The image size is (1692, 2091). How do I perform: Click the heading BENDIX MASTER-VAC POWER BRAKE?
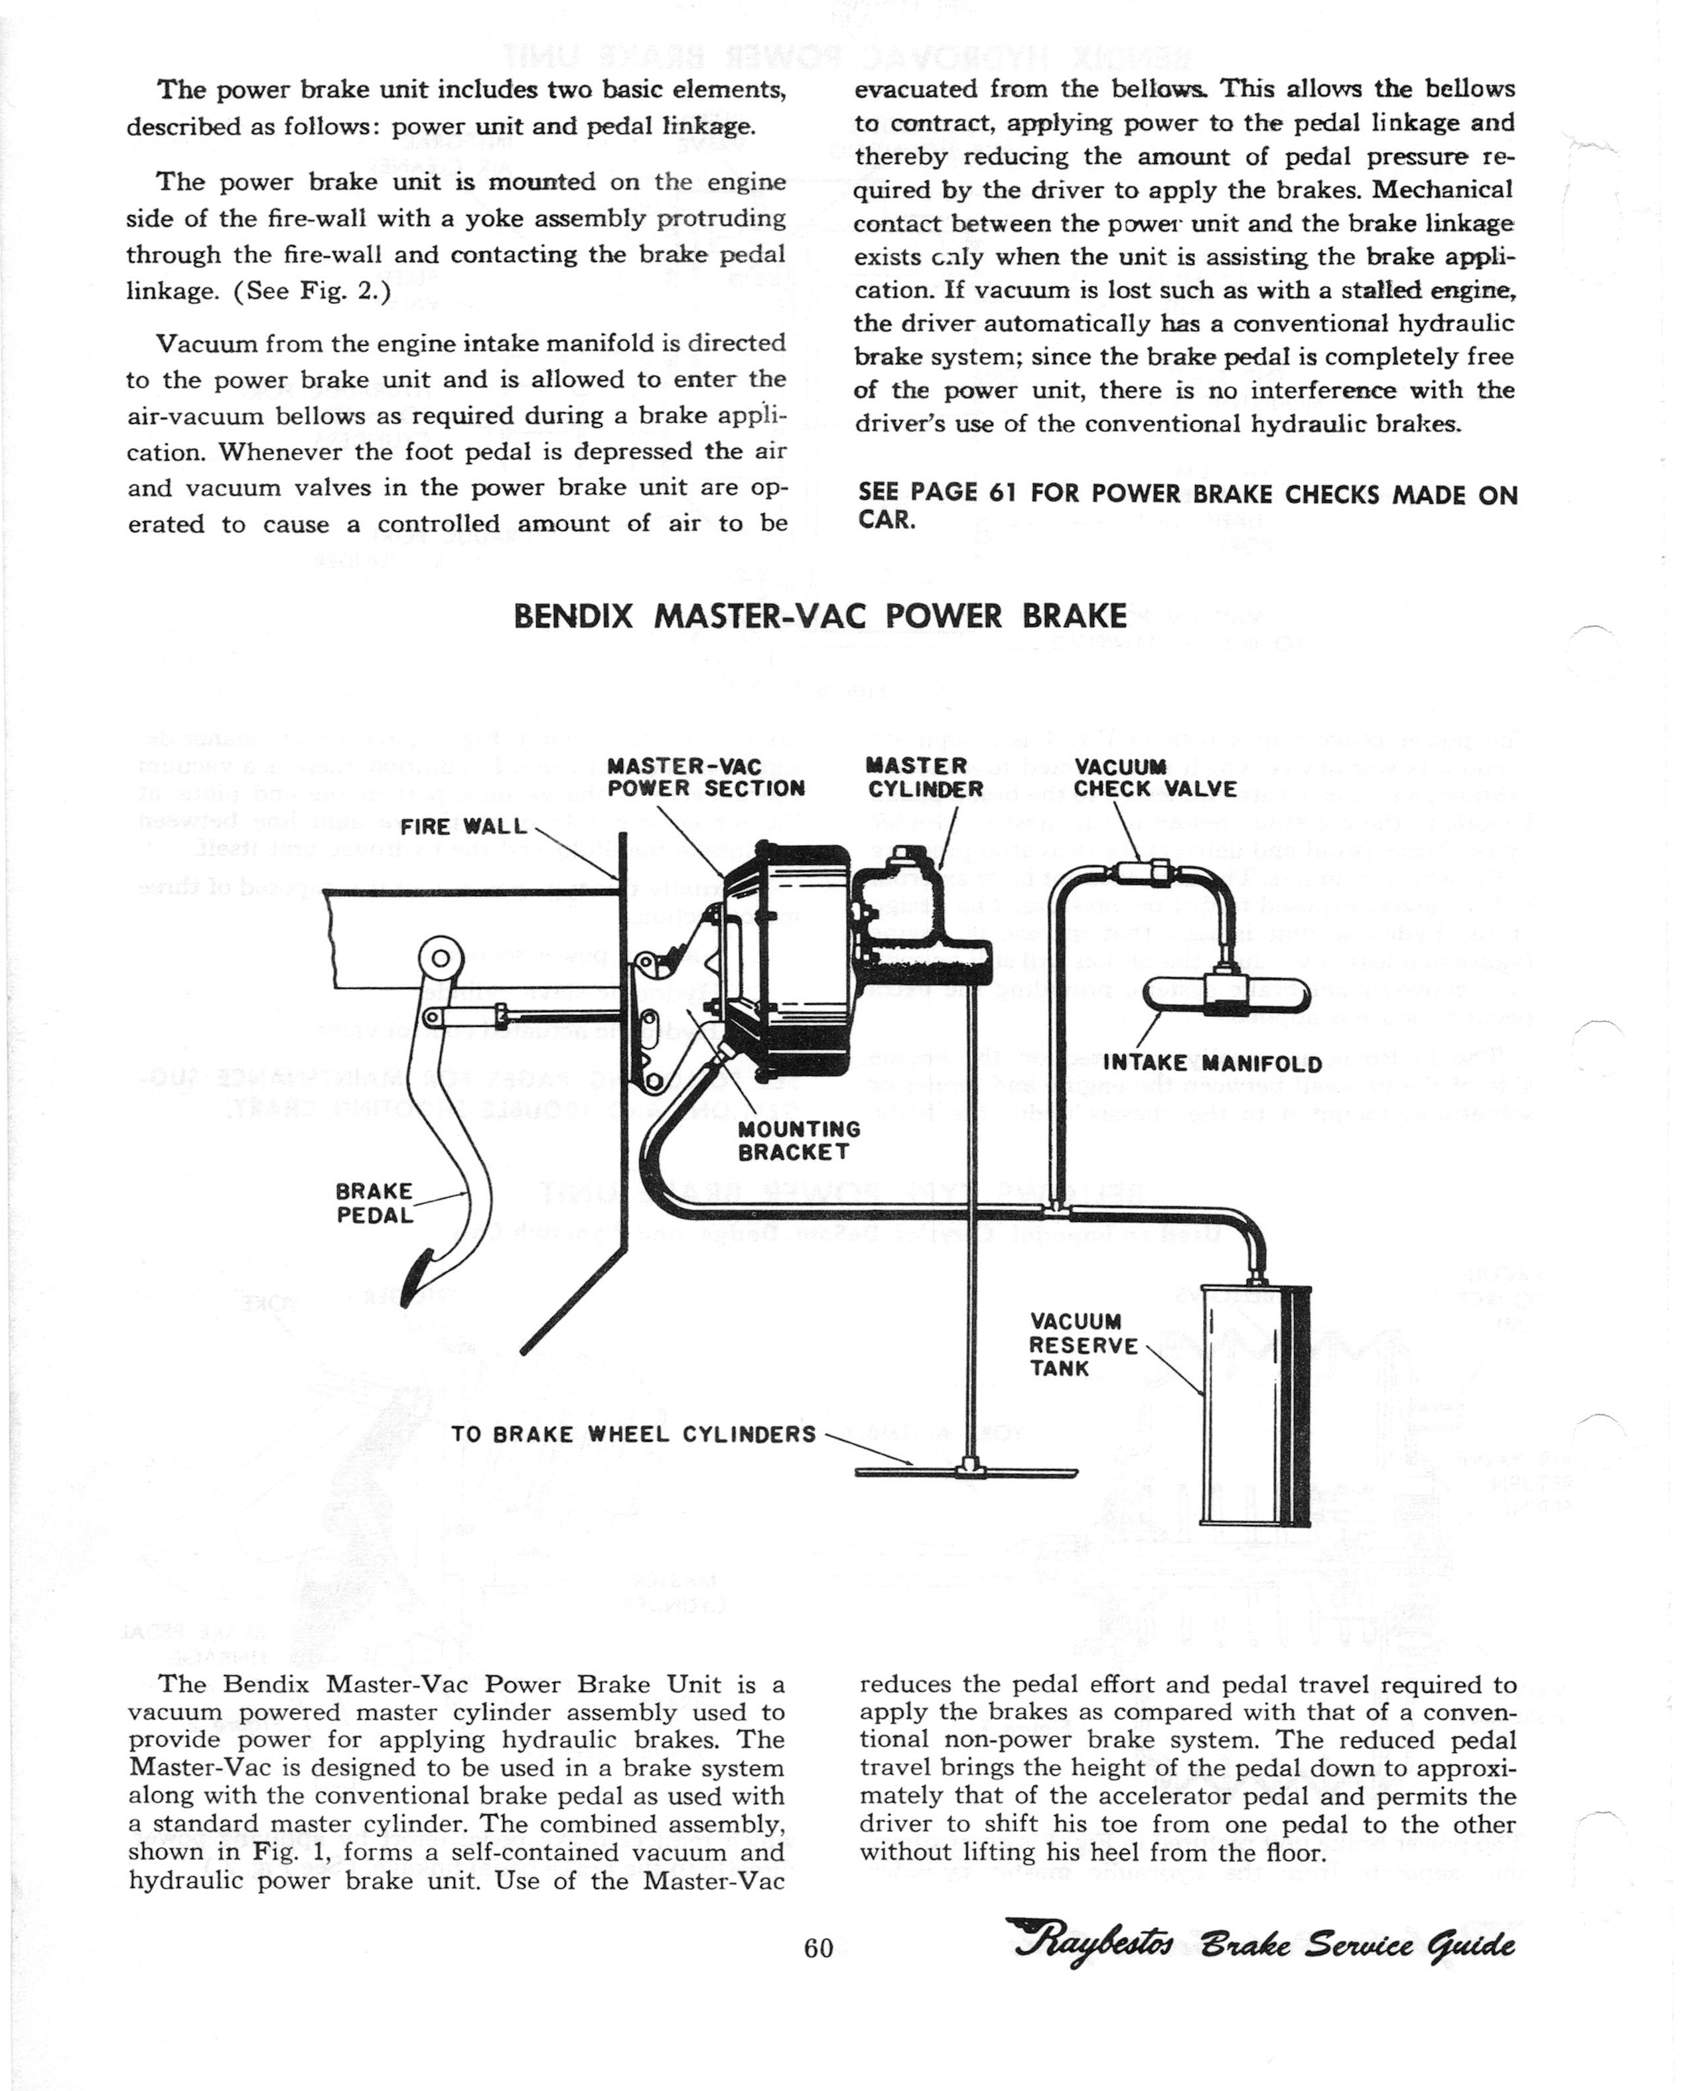tap(819, 617)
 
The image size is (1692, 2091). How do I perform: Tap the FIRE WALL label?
tap(463, 826)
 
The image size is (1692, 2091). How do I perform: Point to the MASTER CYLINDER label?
tap(925, 778)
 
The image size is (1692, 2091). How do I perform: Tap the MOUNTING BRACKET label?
tap(799, 1140)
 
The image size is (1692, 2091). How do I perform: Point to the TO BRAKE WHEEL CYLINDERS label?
tap(634, 1434)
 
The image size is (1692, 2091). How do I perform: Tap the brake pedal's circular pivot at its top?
tap(439, 959)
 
